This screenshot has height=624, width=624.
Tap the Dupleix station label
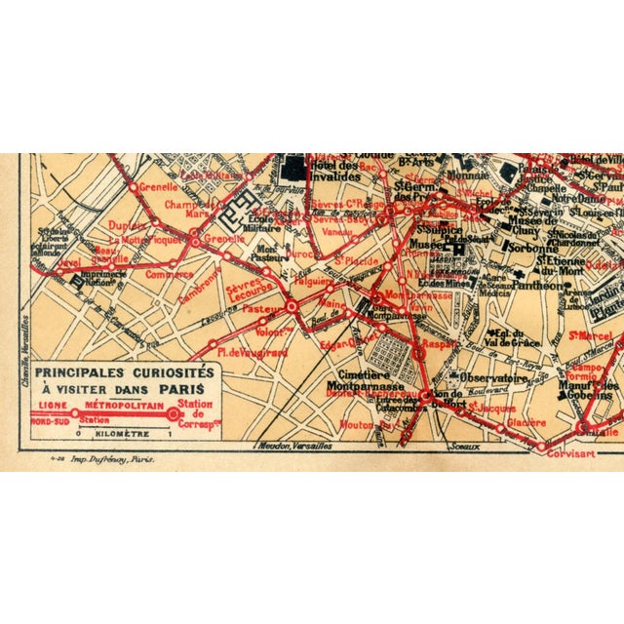127,224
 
